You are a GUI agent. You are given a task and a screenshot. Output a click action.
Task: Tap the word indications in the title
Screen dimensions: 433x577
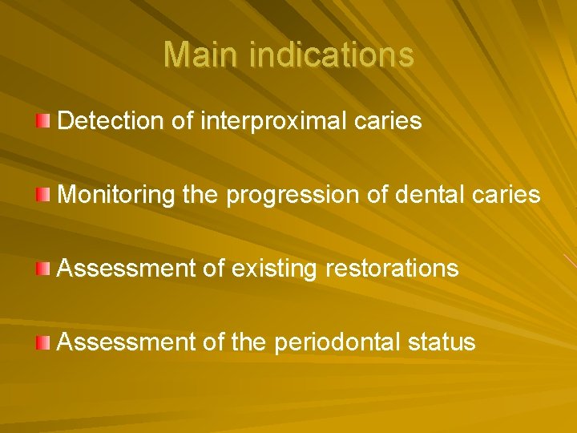pos(332,55)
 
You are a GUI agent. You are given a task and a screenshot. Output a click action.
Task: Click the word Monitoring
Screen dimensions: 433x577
pos(117,195)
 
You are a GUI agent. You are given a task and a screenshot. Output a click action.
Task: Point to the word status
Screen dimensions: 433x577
pos(441,342)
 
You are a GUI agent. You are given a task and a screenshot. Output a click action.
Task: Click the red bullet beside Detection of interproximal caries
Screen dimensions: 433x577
pos(43,120)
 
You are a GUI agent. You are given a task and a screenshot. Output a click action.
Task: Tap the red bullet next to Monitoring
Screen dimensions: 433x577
pos(43,194)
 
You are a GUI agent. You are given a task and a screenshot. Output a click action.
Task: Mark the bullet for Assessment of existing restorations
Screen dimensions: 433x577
pos(43,268)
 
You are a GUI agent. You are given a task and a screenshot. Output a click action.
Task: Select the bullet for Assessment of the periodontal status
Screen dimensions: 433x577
pos(43,342)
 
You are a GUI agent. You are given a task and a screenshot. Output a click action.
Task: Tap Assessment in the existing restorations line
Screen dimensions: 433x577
pos(127,269)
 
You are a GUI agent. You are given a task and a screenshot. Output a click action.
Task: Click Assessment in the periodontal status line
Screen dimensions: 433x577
pos(127,342)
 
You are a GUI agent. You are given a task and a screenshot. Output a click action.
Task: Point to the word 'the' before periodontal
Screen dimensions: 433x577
pos(249,342)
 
